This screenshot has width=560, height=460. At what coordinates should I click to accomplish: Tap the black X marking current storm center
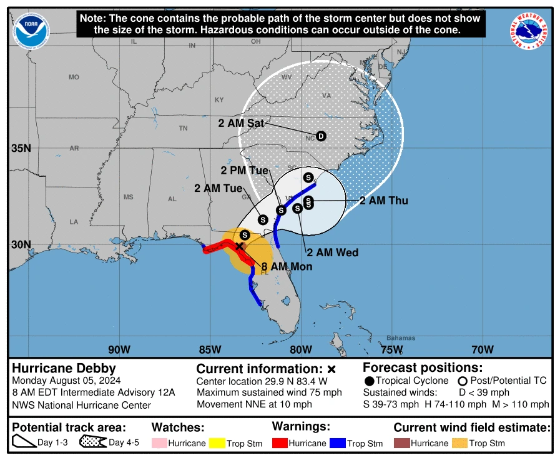pyautogui.click(x=239, y=246)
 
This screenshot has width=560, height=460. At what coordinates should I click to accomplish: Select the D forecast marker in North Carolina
pyautogui.click(x=321, y=136)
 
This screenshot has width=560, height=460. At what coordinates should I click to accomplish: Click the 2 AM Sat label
pyautogui.click(x=240, y=123)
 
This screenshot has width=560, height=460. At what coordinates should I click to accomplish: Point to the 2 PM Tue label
pyautogui.click(x=244, y=171)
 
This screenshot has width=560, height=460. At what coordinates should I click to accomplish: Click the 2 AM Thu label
pyautogui.click(x=383, y=201)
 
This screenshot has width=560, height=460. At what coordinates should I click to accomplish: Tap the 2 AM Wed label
pyautogui.click(x=332, y=252)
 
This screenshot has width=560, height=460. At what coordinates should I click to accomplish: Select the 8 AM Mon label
pyautogui.click(x=287, y=266)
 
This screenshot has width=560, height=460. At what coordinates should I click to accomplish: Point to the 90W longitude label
pyautogui.click(x=119, y=349)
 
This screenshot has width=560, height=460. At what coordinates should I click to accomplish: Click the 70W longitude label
pyautogui.click(x=483, y=349)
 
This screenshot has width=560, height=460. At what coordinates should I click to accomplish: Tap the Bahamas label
pyautogui.click(x=400, y=338)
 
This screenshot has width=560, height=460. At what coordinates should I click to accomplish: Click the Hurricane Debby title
pyautogui.click(x=64, y=368)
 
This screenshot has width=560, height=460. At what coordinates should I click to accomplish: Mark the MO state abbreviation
pyautogui.click(x=74, y=77)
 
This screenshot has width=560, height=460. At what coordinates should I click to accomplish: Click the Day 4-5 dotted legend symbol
pyautogui.click(x=92, y=443)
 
